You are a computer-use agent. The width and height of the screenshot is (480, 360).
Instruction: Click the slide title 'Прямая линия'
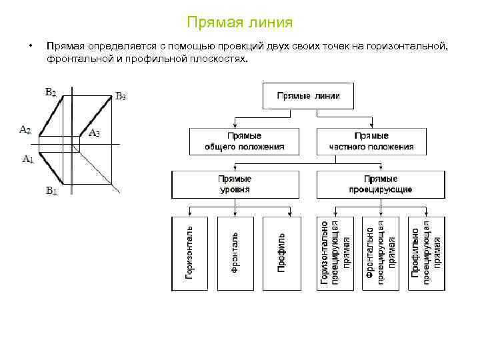point(240,23)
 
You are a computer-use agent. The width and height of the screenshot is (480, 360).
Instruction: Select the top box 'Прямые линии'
point(308,96)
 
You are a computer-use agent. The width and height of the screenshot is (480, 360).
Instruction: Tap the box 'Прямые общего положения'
point(244,141)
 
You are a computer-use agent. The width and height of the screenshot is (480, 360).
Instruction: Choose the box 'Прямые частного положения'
point(371,141)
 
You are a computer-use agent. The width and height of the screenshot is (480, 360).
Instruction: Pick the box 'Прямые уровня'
point(235,184)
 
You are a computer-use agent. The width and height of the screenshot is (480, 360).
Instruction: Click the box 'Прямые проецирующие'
point(380,184)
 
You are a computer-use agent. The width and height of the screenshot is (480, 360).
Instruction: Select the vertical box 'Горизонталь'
point(190,253)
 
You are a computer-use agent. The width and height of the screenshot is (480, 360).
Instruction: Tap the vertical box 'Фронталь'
point(235,253)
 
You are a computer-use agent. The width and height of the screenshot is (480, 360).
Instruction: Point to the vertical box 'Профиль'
point(281,253)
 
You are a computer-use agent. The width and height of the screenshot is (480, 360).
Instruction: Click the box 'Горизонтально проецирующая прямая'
point(335,253)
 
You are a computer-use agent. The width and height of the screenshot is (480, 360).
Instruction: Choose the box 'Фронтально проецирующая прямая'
point(380,253)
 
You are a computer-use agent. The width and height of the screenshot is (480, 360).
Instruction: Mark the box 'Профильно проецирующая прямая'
point(425,253)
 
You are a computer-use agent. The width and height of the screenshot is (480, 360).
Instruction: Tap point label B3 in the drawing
point(121,96)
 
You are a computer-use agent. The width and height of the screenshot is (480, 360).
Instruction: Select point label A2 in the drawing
point(25,129)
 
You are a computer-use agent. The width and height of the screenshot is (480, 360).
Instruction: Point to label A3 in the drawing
point(94,133)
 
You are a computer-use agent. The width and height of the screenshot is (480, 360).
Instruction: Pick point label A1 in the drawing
point(28,159)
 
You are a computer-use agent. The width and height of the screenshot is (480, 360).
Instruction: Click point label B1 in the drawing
point(51,191)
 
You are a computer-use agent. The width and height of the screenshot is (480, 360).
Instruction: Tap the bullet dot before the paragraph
point(29,46)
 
